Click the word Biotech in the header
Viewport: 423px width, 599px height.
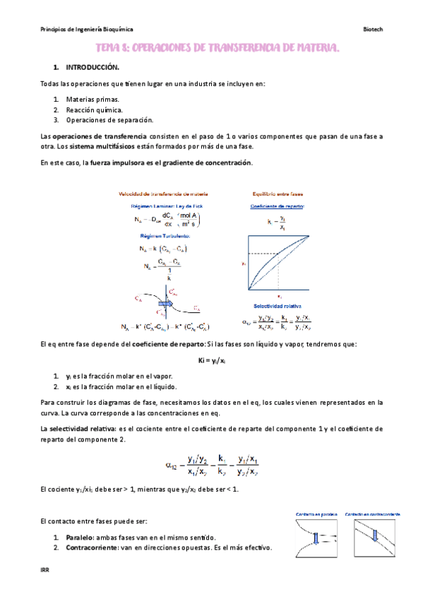[x=372, y=30]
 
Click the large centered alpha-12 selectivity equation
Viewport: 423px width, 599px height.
[x=210, y=463]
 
